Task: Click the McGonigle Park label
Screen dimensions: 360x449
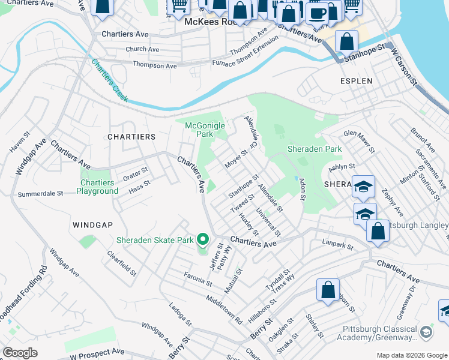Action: click(x=205, y=130)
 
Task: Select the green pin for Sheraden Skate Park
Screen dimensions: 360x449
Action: click(x=203, y=240)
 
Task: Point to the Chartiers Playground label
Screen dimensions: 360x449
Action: click(x=97, y=187)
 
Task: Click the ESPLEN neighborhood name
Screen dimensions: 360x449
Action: click(x=357, y=80)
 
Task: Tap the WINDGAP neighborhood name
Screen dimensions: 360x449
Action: click(x=92, y=224)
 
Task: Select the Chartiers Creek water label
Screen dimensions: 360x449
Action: click(x=109, y=80)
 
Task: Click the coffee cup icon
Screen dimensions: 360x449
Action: click(x=317, y=13)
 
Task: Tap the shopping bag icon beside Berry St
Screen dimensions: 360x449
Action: click(x=328, y=290)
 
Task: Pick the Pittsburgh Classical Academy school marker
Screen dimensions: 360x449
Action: click(x=426, y=332)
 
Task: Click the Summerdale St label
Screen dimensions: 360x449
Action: click(x=40, y=194)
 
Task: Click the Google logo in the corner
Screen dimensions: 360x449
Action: click(x=20, y=353)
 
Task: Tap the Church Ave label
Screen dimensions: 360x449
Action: click(x=142, y=49)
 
